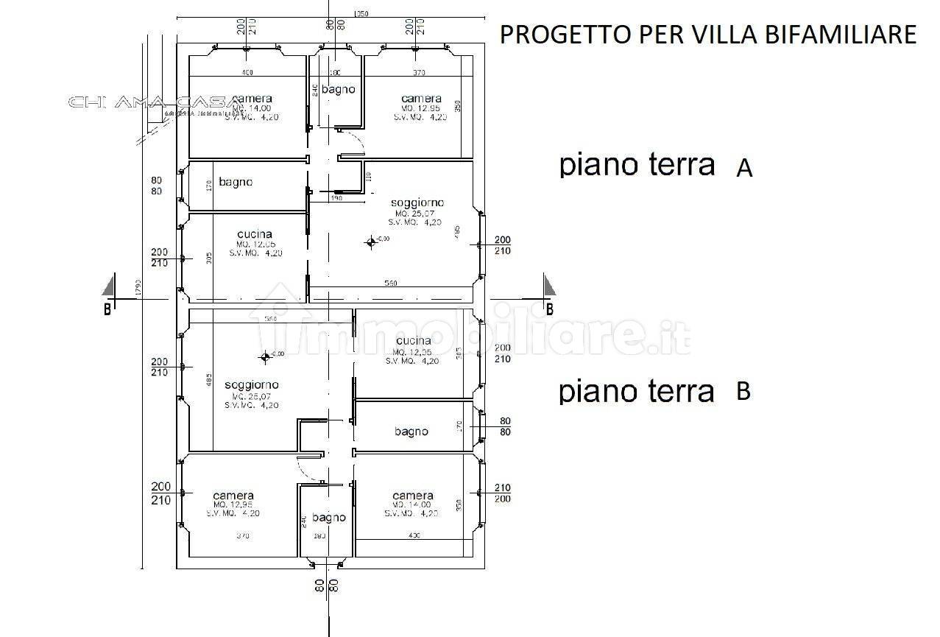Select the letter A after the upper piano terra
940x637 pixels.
744,169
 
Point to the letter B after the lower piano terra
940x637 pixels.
743,392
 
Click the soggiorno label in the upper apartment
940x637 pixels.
417,203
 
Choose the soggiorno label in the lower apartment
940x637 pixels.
251,384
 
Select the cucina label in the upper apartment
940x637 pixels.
255,234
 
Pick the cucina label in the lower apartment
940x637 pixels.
413,341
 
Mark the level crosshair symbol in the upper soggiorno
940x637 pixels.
370,242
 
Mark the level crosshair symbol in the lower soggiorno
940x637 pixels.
265,357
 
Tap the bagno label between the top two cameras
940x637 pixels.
338,89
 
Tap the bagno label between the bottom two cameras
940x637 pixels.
328,518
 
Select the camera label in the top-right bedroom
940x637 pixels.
421,98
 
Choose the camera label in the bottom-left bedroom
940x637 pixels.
233,496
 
